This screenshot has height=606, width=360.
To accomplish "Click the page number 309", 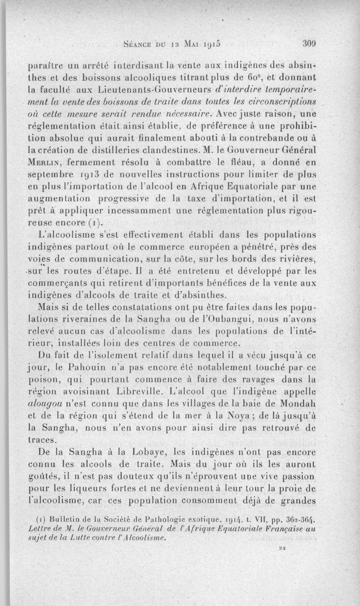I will (x=310, y=44).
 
